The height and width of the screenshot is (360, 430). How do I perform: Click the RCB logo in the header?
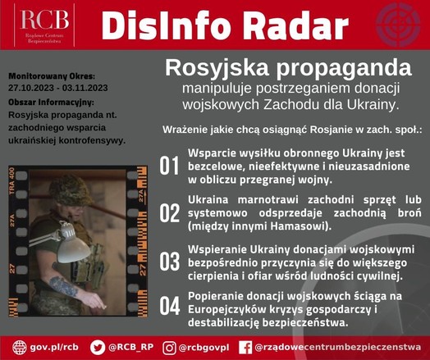44,25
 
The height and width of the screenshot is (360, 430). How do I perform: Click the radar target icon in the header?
398,25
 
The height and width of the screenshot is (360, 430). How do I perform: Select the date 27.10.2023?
31,88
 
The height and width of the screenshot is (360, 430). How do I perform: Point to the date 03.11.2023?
85,88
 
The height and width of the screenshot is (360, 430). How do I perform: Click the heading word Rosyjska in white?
217,68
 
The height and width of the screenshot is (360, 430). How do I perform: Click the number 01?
169,166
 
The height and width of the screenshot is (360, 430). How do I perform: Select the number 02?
170,213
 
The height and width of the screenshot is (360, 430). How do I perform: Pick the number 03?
170,262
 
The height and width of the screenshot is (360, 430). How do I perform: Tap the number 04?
170,306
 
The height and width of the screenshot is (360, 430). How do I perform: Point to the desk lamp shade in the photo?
74,249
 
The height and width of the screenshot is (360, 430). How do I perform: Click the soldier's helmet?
71,190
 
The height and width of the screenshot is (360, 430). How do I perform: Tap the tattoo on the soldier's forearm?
63,286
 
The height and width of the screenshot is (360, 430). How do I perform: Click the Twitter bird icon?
98,348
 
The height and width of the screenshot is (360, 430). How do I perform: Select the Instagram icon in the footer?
169,348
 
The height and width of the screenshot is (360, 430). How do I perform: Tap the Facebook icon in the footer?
245,348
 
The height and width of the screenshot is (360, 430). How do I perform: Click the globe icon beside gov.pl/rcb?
20,348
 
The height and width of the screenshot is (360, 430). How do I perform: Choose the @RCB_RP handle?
130,347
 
